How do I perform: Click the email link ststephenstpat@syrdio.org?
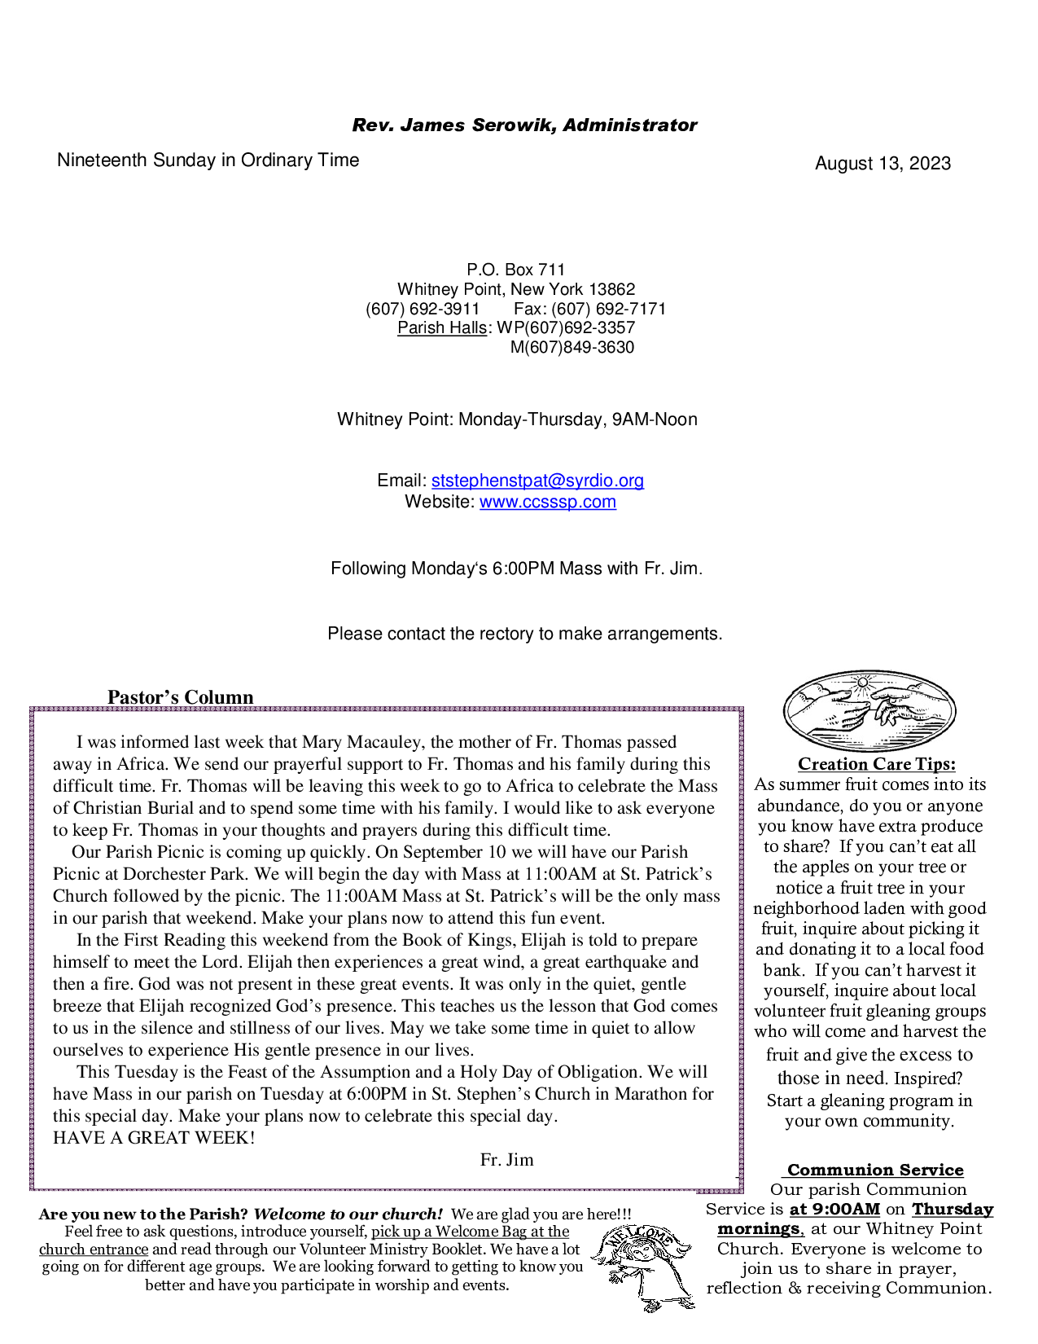pos(537,481)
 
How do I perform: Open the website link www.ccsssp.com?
pos(547,502)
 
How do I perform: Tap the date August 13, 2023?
pos(883,164)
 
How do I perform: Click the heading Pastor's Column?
pos(180,697)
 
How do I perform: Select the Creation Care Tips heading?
pos(876,764)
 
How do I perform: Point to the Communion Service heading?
pos(875,1171)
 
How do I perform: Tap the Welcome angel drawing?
pos(643,1267)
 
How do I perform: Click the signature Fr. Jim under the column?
pos(506,1160)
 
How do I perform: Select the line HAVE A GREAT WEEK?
pos(154,1138)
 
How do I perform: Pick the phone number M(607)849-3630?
pos(572,348)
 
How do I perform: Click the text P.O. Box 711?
pos(515,270)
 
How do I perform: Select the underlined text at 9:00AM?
pos(834,1210)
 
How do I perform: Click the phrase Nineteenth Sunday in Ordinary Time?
pos(208,160)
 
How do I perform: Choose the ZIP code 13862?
pos(611,289)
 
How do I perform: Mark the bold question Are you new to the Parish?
pos(142,1214)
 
